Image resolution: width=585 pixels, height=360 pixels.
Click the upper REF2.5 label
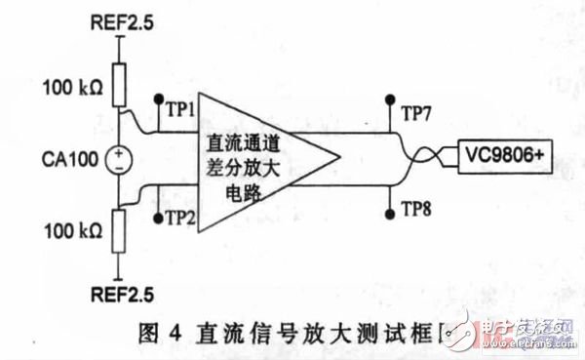click(120, 20)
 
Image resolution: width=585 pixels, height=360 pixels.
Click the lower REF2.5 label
click(120, 292)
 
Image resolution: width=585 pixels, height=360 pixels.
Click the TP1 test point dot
click(157, 99)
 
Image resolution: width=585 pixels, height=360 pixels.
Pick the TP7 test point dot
click(390, 99)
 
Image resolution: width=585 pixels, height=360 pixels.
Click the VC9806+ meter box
click(494, 155)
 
